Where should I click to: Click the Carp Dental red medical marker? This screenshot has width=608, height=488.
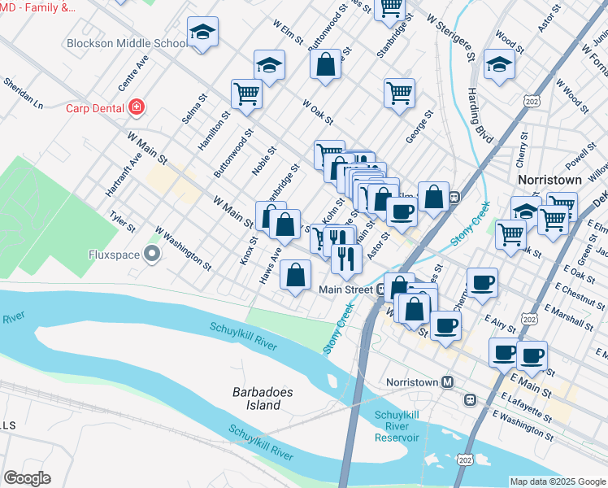click(x=137, y=107)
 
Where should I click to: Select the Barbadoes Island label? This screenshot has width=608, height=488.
click(x=262, y=398)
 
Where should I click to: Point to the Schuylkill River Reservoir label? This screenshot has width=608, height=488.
click(x=397, y=426)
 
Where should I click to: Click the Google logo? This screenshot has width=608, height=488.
click(x=27, y=478)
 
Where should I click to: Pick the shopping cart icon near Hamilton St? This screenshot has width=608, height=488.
click(x=246, y=93)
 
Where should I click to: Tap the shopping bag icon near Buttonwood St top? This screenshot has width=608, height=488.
click(x=325, y=66)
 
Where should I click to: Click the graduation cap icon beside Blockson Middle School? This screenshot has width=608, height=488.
click(x=202, y=33)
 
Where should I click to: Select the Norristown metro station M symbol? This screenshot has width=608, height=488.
click(x=447, y=381)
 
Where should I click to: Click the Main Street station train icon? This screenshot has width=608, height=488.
click(x=380, y=289)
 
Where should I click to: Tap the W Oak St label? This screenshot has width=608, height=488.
click(x=318, y=112)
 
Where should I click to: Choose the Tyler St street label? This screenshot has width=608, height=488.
click(x=122, y=220)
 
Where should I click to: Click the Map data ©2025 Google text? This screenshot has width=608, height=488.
click(x=557, y=481)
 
